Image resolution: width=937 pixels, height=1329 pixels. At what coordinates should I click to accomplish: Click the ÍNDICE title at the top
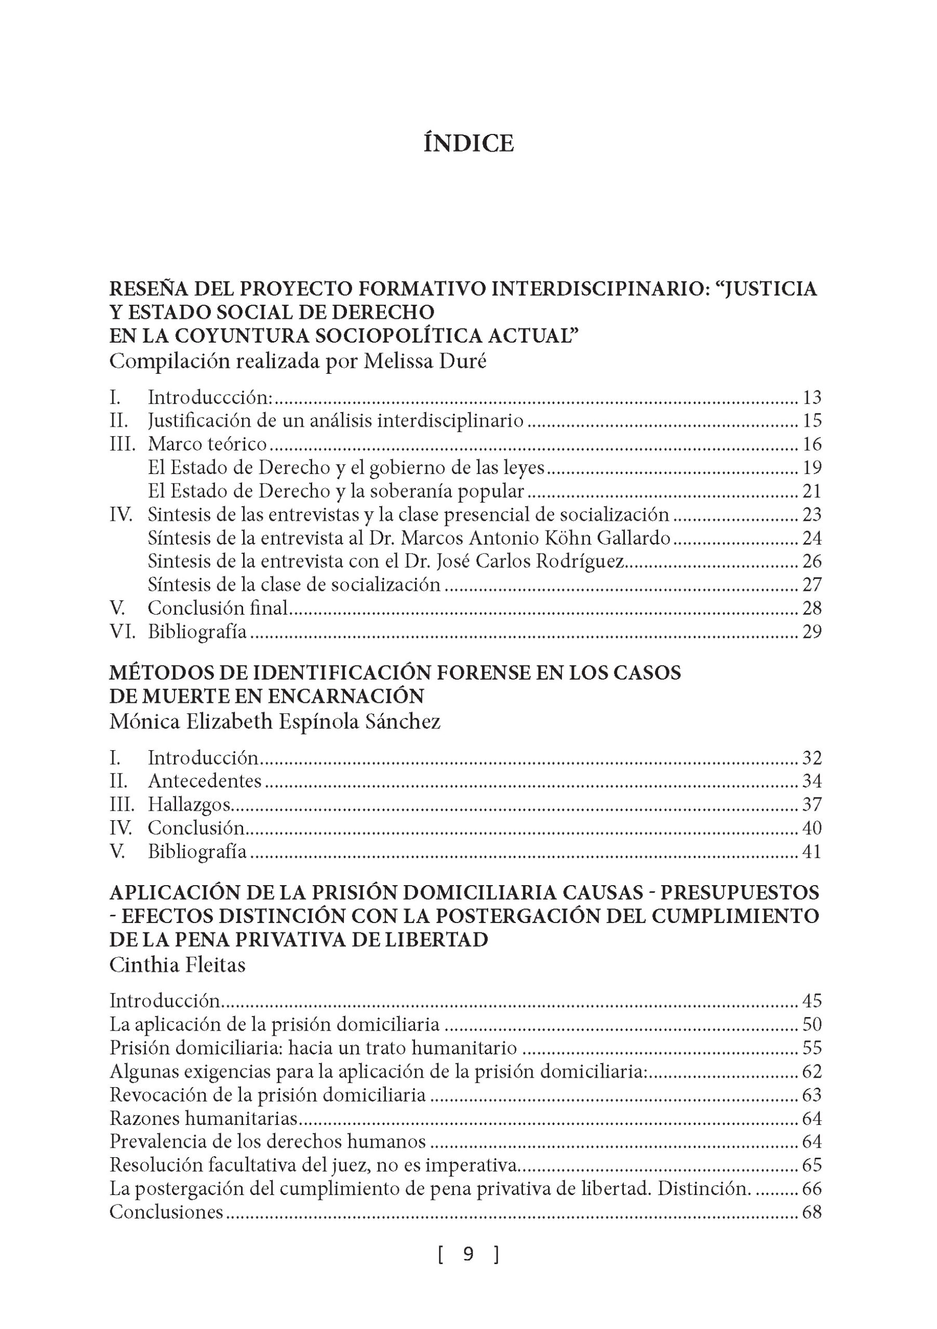coord(468,143)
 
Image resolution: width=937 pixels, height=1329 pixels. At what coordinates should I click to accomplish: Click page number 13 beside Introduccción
coord(812,398)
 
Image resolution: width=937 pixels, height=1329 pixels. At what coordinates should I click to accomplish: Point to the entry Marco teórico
coord(207,444)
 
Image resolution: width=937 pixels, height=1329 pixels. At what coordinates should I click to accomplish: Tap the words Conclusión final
coord(217,608)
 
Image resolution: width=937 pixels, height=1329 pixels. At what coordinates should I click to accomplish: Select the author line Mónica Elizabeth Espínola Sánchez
coord(274,721)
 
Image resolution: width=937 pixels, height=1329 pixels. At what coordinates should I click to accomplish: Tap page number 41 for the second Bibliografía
coord(812,851)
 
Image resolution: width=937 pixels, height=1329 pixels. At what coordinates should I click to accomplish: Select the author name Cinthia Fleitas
coord(177,965)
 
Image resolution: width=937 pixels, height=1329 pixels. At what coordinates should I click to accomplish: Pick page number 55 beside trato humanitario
coord(812,1048)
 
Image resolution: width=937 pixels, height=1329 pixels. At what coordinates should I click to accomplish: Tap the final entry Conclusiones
coord(166,1212)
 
